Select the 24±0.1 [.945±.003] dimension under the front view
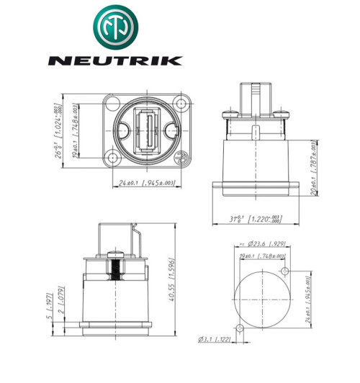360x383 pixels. coord(147,184)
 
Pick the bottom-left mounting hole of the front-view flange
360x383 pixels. coord(112,158)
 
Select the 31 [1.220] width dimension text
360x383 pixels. coord(253,219)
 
